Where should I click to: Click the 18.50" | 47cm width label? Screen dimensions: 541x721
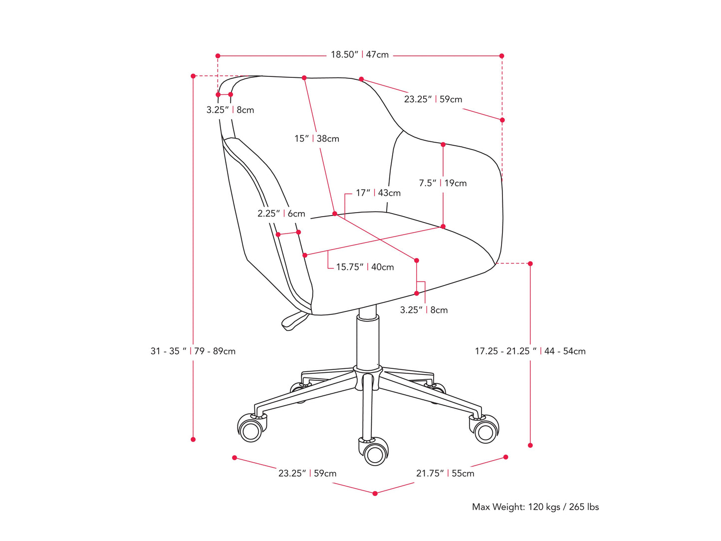point(359,55)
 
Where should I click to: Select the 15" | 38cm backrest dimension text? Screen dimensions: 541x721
point(316,139)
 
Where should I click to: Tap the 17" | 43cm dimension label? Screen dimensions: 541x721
point(378,193)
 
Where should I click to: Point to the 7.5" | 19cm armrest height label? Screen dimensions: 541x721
point(443,183)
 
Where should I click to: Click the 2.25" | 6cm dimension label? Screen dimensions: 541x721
point(281,214)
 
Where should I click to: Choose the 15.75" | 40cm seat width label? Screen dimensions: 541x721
point(365,267)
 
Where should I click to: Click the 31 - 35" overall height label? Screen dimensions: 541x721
point(193,351)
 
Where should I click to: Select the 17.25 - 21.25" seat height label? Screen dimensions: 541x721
point(530,351)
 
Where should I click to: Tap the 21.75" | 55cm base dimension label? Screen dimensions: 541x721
point(445,473)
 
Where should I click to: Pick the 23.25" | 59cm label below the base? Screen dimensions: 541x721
point(307,473)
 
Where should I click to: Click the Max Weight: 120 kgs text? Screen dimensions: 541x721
point(535,507)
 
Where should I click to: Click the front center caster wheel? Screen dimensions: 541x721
point(374,452)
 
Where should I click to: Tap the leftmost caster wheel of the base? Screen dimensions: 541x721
point(251,429)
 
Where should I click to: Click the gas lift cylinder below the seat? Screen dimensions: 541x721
point(368,339)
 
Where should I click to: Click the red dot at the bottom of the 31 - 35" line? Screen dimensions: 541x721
point(193,439)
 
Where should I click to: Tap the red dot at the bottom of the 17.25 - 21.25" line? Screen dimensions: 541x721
point(530,445)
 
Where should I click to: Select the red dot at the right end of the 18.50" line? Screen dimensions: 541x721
point(501,56)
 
